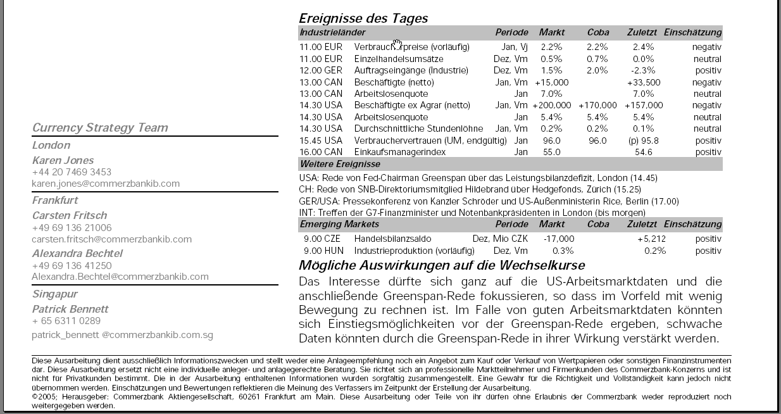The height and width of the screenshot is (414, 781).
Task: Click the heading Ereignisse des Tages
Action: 363,18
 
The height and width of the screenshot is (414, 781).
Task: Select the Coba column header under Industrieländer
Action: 598,32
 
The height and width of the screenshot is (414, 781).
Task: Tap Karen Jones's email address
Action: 106,184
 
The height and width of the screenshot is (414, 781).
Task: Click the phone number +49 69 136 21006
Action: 72,228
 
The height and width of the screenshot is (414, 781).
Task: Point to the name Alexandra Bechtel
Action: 77,253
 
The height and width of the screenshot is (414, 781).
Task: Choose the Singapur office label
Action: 55,294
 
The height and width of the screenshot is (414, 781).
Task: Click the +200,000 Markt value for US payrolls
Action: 552,106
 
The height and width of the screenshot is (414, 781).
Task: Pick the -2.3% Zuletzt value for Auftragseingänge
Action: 643,71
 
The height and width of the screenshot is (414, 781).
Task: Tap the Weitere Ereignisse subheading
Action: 340,165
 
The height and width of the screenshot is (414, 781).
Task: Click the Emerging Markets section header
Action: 339,224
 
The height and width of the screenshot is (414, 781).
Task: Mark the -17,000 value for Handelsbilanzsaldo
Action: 559,239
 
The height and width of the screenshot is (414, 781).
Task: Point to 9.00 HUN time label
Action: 323,251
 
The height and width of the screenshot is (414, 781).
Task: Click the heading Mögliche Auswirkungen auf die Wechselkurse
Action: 442,265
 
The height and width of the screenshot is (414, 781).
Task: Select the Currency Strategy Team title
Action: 100,128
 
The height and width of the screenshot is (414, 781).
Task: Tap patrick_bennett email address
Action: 122,335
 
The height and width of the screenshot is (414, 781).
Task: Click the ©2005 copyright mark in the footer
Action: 44,397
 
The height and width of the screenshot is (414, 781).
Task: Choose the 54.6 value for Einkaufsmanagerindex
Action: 644,153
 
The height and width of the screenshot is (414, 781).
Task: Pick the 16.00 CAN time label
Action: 321,153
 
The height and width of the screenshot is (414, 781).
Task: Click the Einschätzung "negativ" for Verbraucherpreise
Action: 706,47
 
